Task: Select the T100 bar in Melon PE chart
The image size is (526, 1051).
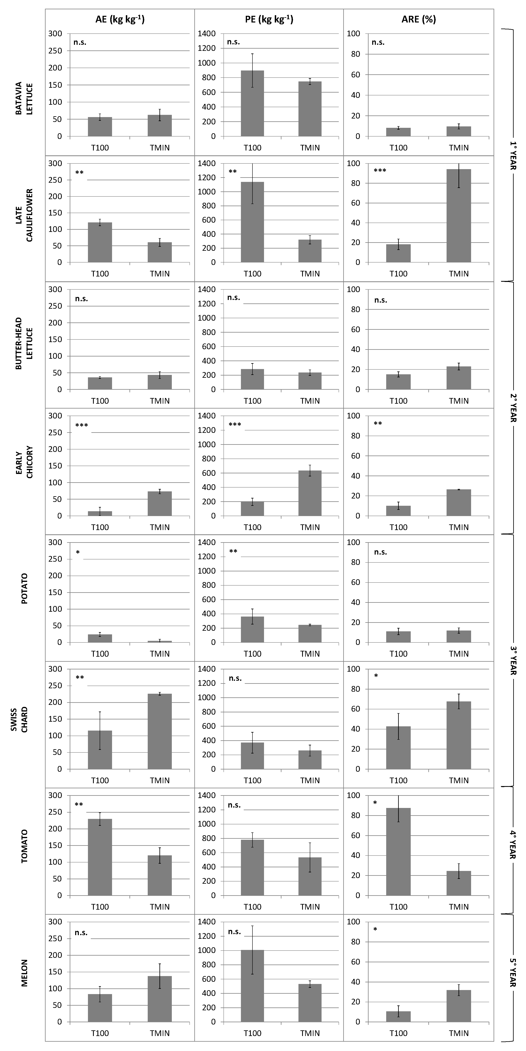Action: [252, 986]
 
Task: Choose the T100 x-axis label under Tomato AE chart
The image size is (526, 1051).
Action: [99, 907]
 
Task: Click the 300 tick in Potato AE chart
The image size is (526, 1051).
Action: [55, 542]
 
